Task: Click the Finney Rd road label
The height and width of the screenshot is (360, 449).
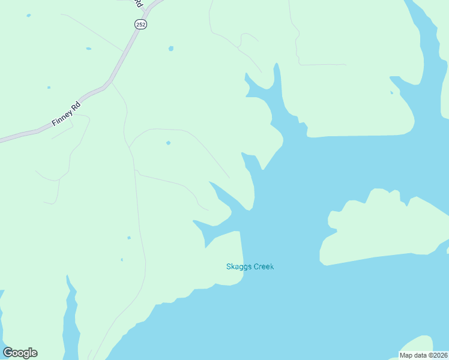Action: pos(66,115)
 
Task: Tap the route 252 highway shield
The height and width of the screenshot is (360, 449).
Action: pos(140,24)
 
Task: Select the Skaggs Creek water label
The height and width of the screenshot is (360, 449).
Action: pos(250,266)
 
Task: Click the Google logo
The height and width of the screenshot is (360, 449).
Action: pos(20,353)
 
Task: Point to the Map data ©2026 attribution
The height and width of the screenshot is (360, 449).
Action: pos(424,355)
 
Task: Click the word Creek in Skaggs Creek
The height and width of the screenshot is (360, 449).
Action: pos(264,266)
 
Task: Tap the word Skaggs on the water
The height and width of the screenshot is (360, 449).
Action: pos(238,266)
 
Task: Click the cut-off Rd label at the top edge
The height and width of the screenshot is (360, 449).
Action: pos(139,3)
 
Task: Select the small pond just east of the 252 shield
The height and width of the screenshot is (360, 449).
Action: pos(171,48)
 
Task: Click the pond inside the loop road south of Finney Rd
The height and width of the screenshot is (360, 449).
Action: pos(168,143)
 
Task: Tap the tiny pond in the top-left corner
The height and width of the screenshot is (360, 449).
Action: pos(29,16)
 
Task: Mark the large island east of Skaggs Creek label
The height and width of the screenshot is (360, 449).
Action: pos(384,228)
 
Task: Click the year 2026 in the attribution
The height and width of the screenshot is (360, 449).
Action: pos(439,355)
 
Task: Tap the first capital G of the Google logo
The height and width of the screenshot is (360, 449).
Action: pos(8,353)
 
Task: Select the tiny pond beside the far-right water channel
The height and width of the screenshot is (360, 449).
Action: pos(391,92)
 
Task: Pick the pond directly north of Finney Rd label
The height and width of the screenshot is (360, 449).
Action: pos(49,88)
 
